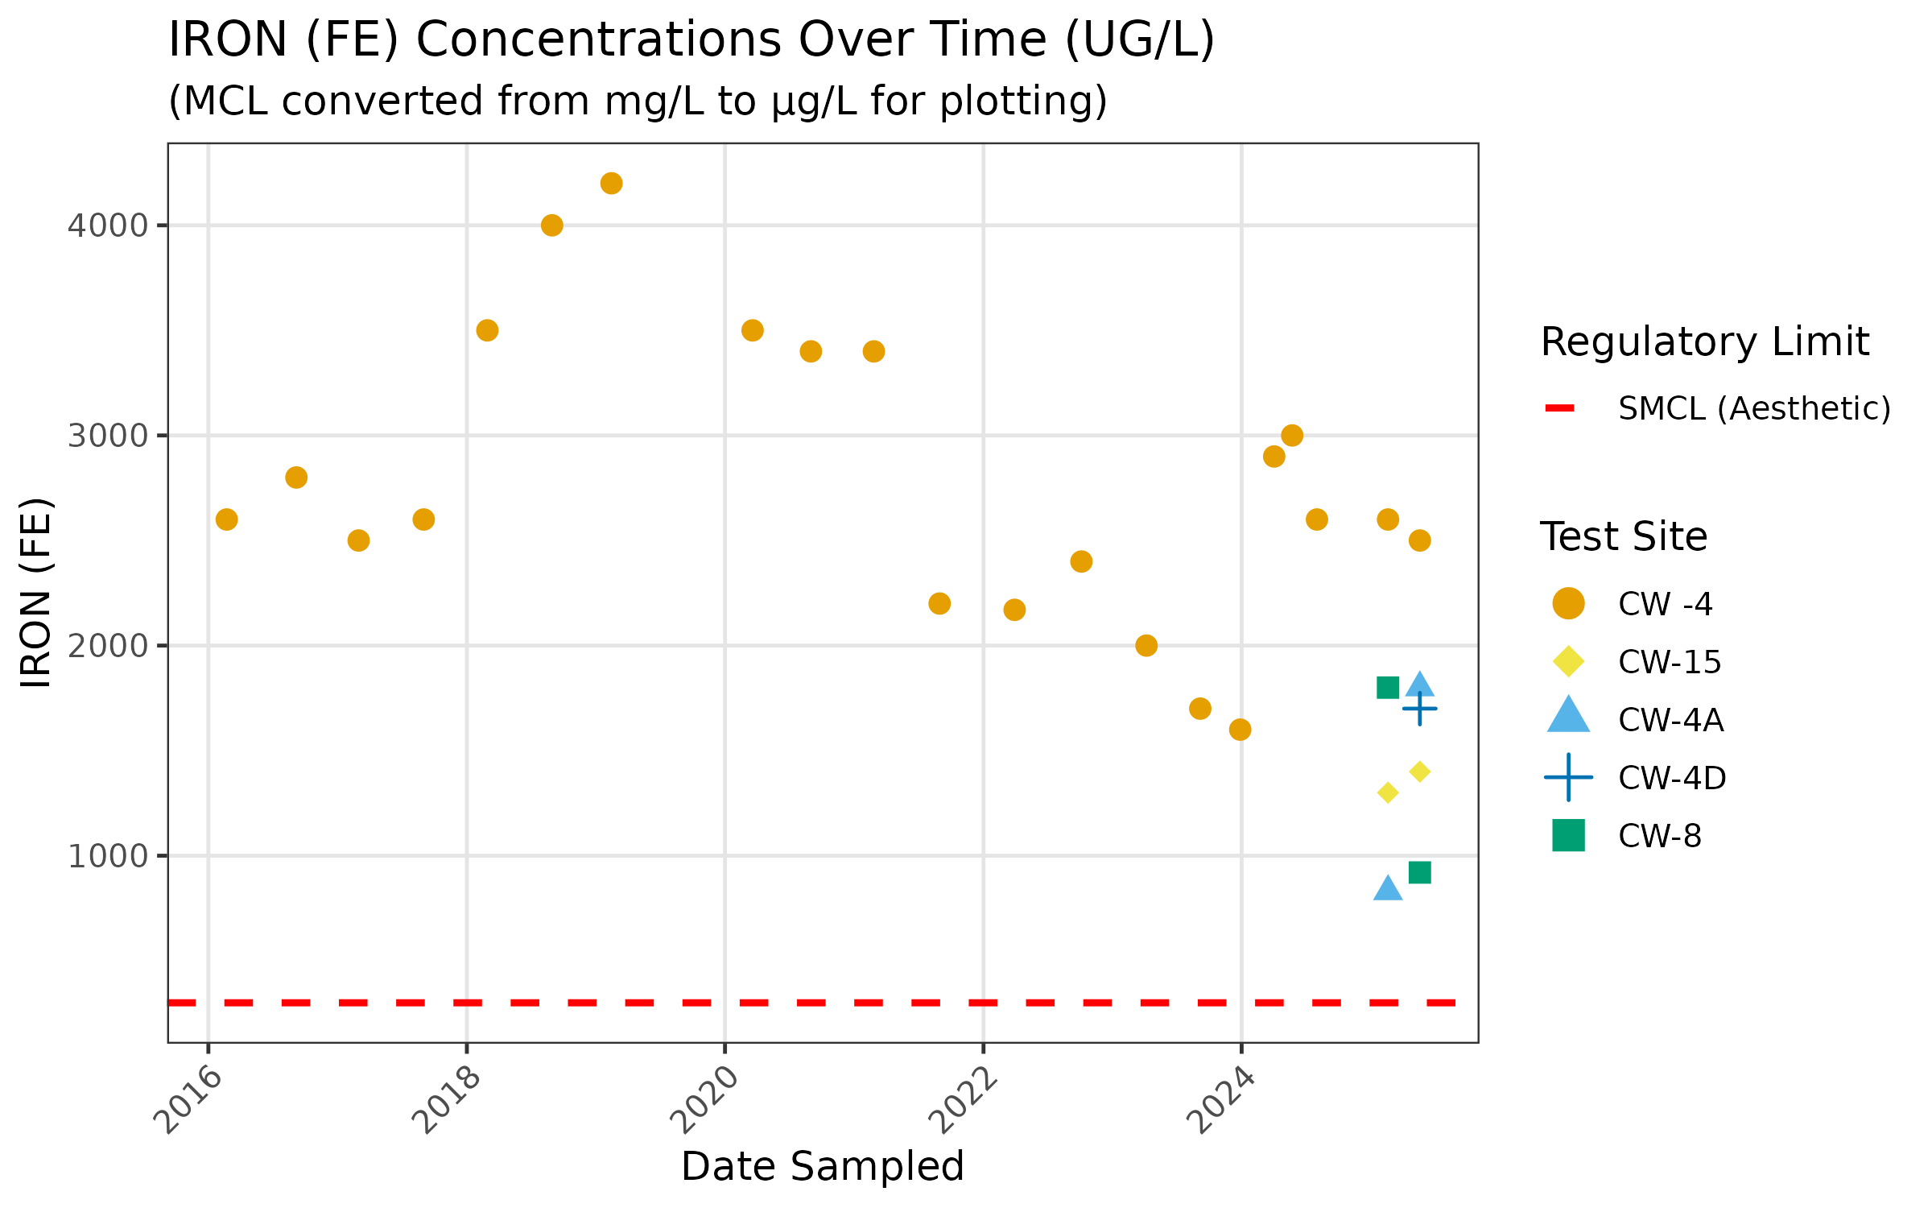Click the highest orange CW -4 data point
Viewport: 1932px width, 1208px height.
click(611, 184)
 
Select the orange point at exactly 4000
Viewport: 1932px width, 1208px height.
click(551, 225)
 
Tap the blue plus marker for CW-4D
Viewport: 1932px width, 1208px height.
click(1420, 709)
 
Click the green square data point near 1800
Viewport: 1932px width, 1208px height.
click(1388, 688)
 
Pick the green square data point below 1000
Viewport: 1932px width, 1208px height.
click(1420, 872)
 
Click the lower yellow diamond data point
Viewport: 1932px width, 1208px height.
click(1388, 793)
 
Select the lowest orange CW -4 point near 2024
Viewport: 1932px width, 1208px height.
click(1240, 730)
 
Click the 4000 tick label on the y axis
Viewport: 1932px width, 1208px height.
click(108, 225)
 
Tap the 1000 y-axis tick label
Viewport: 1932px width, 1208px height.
click(108, 856)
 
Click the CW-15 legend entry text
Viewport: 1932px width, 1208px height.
click(1670, 662)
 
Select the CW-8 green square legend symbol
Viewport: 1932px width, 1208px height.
click(1568, 835)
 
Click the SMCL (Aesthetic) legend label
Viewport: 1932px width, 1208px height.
click(1754, 408)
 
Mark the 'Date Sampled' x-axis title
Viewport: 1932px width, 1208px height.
click(822, 1166)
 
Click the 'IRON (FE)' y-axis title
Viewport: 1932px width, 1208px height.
click(37, 593)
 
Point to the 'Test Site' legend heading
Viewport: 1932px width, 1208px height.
click(1623, 536)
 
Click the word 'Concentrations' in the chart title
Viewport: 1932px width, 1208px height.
click(598, 39)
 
